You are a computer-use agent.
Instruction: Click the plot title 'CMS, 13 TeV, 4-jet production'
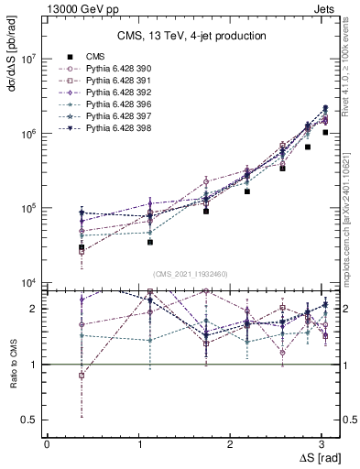coord(191,36)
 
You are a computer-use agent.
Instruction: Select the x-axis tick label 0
coord(47,443)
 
